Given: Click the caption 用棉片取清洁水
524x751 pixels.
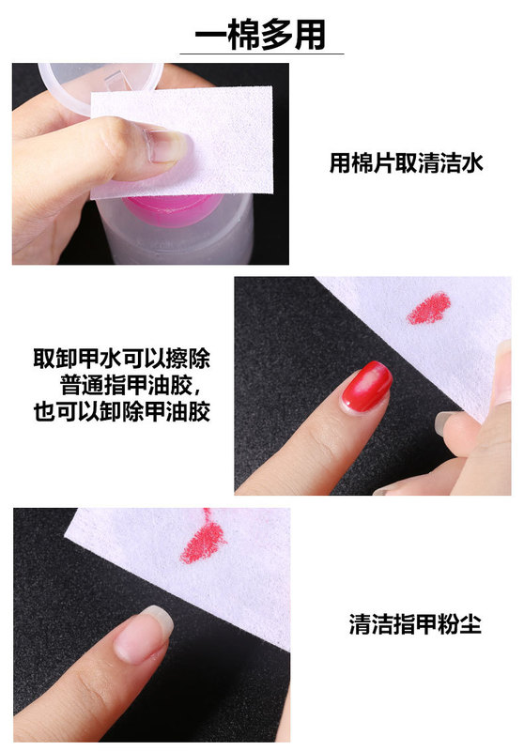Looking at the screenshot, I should [406, 163].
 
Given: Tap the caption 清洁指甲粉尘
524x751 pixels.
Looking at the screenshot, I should [414, 624].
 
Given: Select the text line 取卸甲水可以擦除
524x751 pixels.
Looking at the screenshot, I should [121, 360].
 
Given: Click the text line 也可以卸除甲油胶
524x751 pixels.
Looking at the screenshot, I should [121, 411].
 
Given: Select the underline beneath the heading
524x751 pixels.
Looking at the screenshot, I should [261, 54].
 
